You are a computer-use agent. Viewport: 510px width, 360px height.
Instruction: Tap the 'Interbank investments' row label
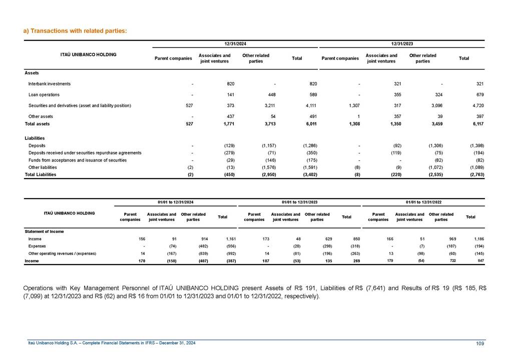click(50, 84)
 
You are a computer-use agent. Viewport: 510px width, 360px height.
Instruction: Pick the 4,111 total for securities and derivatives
click(310, 105)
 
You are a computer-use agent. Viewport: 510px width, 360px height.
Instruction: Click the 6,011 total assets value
click(310, 123)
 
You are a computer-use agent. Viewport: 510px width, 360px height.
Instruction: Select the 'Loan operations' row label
click(44, 94)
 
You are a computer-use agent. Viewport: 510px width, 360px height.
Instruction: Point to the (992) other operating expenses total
click(223, 253)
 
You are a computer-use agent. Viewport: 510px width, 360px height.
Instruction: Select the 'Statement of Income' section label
click(44, 231)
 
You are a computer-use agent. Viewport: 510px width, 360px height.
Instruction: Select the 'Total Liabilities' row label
click(41, 174)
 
